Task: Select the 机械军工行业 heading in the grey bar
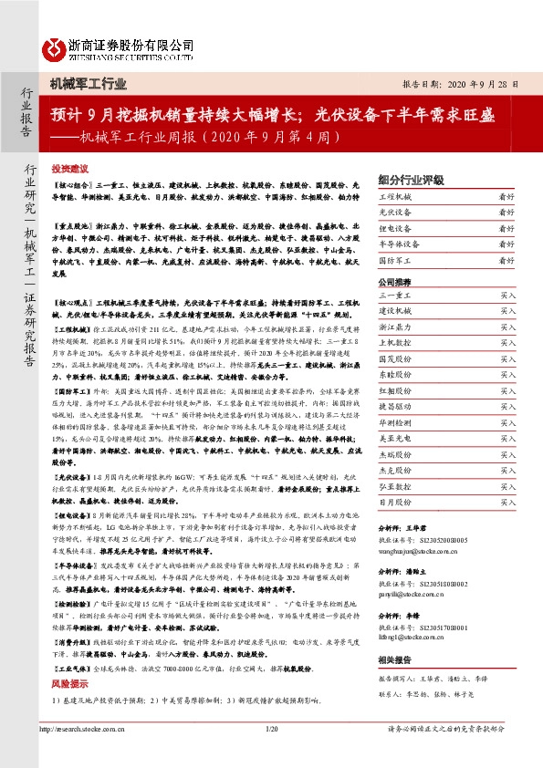point(89,85)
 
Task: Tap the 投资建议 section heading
point(69,170)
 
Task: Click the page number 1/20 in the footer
point(271,754)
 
